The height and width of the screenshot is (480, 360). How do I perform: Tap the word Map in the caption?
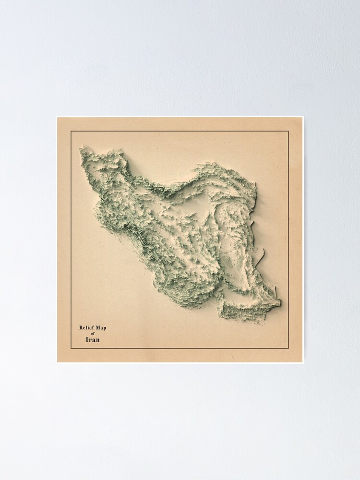[x=101, y=328]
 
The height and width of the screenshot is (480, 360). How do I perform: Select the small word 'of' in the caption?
[x=93, y=334]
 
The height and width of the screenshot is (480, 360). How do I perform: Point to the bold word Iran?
[x=93, y=340]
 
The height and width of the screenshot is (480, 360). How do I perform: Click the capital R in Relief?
[x=81, y=328]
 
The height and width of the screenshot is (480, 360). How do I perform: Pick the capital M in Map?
[x=98, y=328]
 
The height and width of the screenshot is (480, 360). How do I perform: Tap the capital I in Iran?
[x=87, y=340]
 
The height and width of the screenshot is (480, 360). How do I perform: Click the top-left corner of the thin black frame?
[x=71, y=131]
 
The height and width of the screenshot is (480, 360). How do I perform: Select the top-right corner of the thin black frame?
[x=288, y=131]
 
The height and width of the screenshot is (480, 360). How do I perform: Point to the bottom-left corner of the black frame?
[x=71, y=348]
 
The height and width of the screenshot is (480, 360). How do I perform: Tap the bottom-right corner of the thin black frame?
[x=288, y=348]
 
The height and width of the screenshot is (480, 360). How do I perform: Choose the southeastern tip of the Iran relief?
[x=279, y=303]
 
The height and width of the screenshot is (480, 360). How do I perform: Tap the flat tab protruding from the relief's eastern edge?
[x=259, y=254]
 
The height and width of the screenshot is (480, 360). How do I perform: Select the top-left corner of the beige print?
[x=57, y=117]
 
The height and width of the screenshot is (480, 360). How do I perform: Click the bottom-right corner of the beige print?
[x=302, y=362]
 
